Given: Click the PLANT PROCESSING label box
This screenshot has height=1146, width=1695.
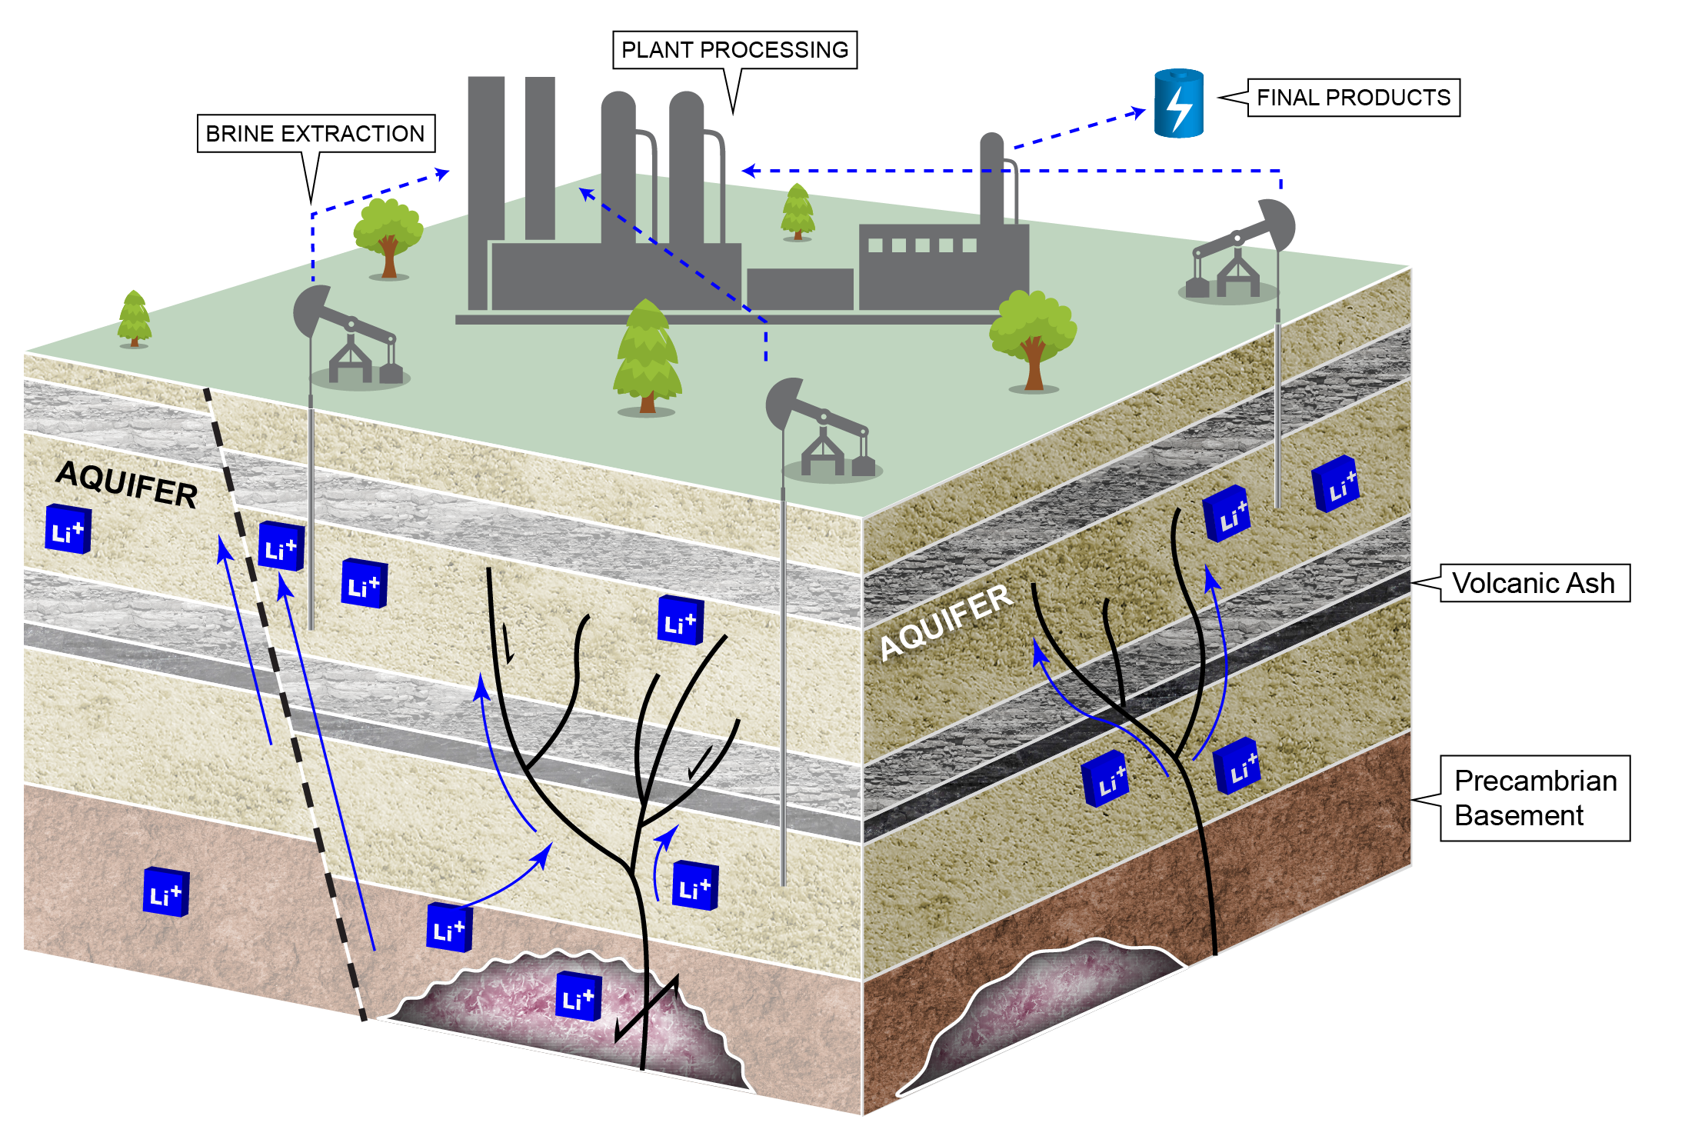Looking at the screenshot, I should click(x=734, y=50).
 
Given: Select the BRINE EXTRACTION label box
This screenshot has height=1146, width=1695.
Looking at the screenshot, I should click(x=315, y=134).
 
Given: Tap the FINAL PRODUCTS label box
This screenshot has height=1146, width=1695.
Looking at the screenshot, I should click(x=1353, y=98).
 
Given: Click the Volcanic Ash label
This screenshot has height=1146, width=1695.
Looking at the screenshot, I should click(x=1533, y=583).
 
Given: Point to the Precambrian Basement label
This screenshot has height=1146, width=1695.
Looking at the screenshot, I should click(x=1534, y=798).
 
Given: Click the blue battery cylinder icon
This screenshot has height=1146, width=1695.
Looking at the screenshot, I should click(x=1178, y=104).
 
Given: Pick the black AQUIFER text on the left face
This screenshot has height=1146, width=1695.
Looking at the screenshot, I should click(x=127, y=483).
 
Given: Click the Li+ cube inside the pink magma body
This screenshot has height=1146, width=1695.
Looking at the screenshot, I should click(x=578, y=997).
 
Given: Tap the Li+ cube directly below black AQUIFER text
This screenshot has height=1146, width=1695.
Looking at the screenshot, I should click(x=68, y=529).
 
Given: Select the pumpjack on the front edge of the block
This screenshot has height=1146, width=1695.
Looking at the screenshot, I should click(x=823, y=431).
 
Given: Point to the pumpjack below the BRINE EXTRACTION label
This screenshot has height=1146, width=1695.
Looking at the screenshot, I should click(x=350, y=338).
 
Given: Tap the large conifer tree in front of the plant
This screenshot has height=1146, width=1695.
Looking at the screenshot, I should click(x=647, y=358).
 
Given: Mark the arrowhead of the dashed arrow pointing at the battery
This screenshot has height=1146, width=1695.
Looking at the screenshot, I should click(x=1138, y=112).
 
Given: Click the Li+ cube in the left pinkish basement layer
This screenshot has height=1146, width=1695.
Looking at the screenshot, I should click(x=165, y=892).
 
